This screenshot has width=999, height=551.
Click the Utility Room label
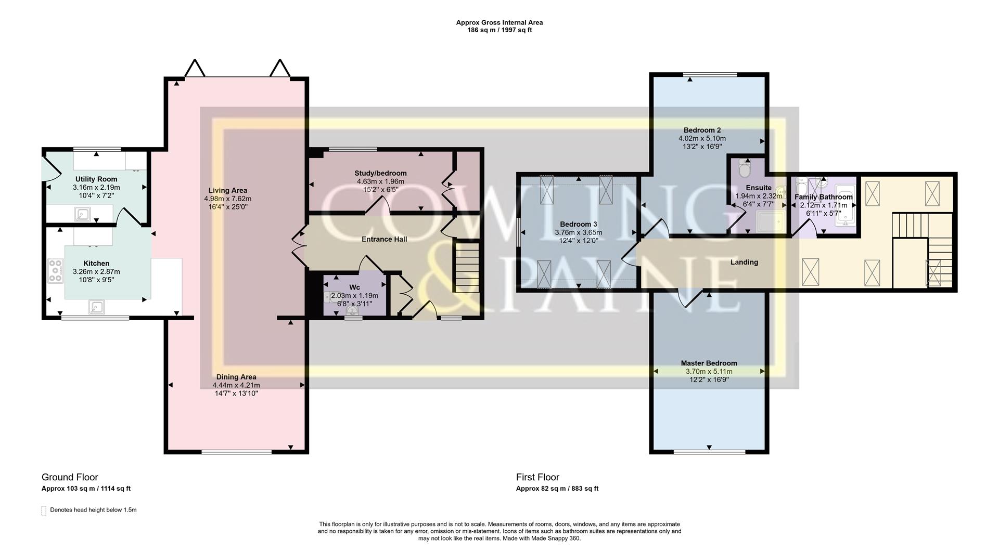[96, 179]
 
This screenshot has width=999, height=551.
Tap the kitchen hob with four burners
[55, 271]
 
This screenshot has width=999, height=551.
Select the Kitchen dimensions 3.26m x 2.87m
[96, 272]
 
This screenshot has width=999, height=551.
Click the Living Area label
[227, 191]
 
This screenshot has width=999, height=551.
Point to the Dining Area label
[236, 377]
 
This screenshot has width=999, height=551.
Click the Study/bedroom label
[380, 173]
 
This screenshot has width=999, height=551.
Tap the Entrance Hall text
[384, 239]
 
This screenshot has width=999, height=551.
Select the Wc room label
[354, 287]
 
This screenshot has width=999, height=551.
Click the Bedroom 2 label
[702, 130]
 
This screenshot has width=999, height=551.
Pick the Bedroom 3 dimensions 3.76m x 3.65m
[578, 232]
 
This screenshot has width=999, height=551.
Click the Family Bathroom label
[823, 197]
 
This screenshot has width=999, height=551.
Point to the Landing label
[744, 262]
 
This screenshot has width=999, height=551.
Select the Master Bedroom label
[709, 363]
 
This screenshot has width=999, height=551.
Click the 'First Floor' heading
[537, 477]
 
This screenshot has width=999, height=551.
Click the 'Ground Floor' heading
[70, 477]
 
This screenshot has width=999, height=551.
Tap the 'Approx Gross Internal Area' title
[499, 22]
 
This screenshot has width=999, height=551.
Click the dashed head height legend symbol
[44, 511]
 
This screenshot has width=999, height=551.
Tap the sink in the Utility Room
[82, 213]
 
